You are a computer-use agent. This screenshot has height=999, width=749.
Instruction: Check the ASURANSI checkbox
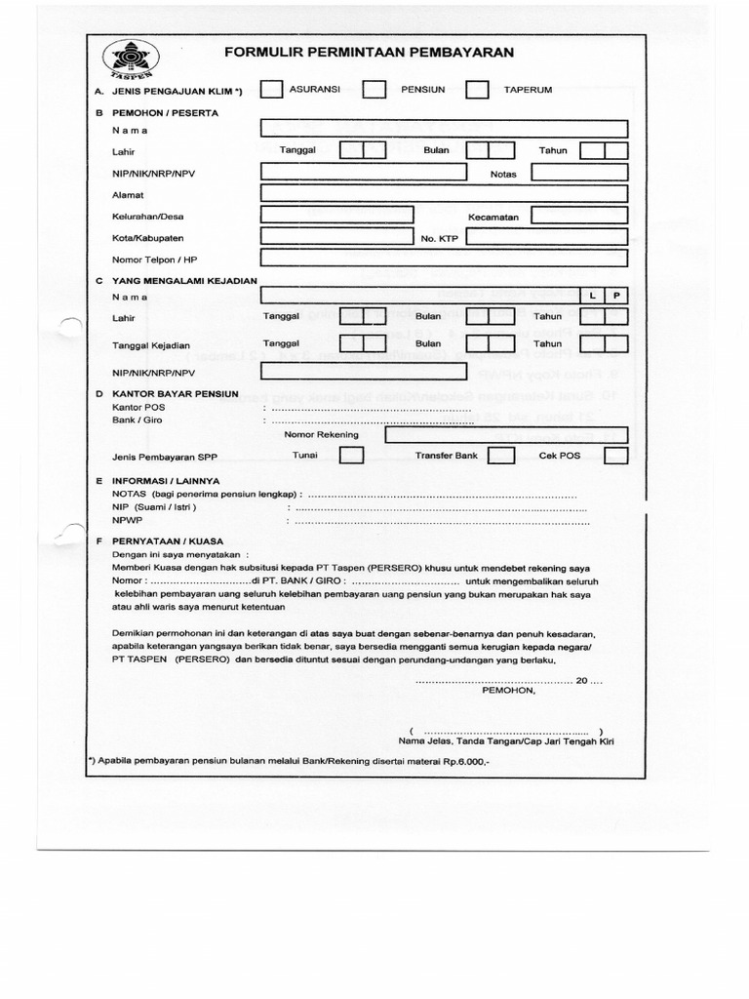[271, 90]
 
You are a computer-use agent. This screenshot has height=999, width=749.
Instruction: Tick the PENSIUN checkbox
[374, 90]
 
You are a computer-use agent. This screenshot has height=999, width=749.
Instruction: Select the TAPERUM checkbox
[477, 90]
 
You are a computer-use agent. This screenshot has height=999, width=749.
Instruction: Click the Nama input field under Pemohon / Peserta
[444, 129]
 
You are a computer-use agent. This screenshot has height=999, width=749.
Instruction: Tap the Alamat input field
[444, 194]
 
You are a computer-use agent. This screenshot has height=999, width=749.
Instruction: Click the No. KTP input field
[547, 237]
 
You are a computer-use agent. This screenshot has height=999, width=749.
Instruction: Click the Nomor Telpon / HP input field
[444, 259]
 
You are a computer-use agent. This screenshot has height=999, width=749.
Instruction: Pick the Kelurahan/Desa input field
[336, 216]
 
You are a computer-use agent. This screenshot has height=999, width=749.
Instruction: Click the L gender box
[593, 295]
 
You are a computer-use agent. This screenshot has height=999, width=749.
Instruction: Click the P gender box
[616, 295]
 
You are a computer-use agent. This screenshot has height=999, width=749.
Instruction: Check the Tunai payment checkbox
[351, 456]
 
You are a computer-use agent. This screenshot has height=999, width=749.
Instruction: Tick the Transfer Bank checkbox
[501, 456]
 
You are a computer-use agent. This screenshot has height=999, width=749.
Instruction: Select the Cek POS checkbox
[615, 456]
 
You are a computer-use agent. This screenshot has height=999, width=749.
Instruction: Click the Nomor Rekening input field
[506, 435]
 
